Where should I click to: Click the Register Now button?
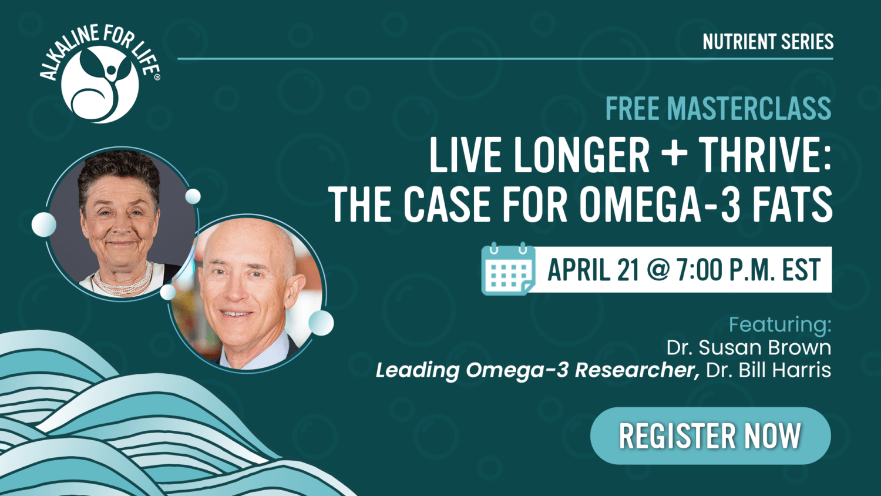pyautogui.click(x=710, y=436)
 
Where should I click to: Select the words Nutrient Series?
pyautogui.click(x=768, y=42)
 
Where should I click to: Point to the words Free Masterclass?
pyautogui.click(x=718, y=108)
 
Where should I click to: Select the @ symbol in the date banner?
pyautogui.click(x=658, y=270)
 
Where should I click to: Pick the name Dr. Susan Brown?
pyautogui.click(x=748, y=347)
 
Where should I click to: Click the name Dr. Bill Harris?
pyautogui.click(x=768, y=370)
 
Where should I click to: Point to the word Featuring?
pyautogui.click(x=780, y=325)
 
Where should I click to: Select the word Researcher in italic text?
pyautogui.click(x=637, y=370)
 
